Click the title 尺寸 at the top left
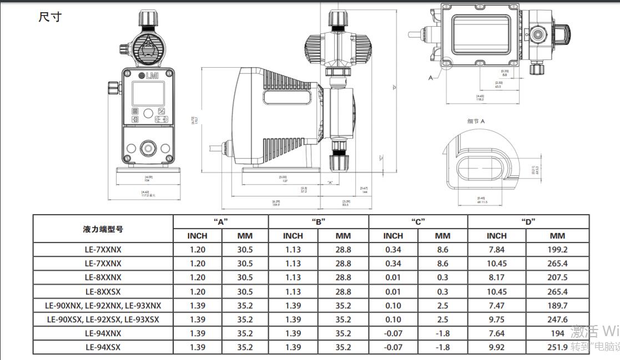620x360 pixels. (50, 17)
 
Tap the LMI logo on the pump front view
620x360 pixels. (147, 75)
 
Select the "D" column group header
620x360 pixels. (528, 221)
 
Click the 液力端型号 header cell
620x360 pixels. (103, 229)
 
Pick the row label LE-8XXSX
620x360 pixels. (103, 291)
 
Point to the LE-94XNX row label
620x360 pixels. (103, 333)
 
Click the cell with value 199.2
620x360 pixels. (557, 250)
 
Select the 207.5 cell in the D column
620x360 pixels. (557, 277)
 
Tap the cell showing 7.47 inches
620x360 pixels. (496, 306)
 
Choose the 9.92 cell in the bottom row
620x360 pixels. (496, 347)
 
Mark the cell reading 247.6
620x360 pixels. (557, 320)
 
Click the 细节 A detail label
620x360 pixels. (476, 121)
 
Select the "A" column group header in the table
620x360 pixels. (221, 221)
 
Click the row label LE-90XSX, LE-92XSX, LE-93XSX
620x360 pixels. (103, 320)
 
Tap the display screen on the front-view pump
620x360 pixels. (148, 94)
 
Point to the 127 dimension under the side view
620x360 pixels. (284, 180)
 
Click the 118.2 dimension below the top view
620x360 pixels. (481, 99)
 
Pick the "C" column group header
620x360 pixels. (418, 221)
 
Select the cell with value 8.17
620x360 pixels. (496, 277)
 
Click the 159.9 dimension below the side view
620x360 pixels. (276, 204)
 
